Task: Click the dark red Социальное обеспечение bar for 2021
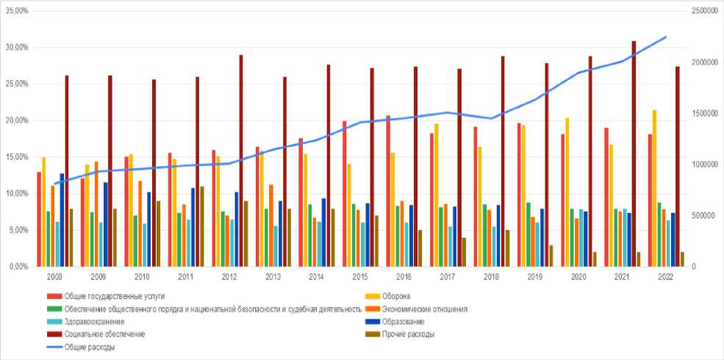tap(634, 154)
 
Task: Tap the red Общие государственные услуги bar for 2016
tap(388, 190)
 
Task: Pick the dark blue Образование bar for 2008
tap(62, 220)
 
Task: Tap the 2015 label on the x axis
tap(360, 278)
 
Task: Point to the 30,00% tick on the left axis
tap(17, 47)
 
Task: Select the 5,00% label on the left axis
tap(19, 230)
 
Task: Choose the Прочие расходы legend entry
tap(410, 334)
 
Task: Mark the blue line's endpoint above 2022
tap(666, 37)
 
